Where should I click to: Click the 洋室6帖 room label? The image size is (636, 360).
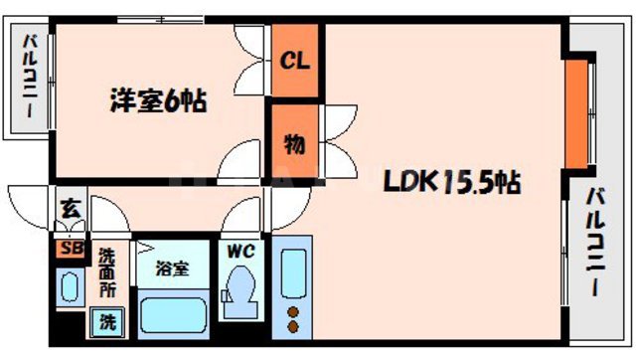[x=158, y=101]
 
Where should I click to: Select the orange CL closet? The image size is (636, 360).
[x=295, y=61]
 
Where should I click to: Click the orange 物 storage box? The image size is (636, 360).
[x=295, y=142]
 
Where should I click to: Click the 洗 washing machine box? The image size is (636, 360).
[x=106, y=322]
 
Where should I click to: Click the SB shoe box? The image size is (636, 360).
[x=72, y=249]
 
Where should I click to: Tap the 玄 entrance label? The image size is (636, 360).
[x=71, y=209]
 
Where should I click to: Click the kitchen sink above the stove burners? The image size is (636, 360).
[x=293, y=271]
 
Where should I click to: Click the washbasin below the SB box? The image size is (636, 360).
[x=71, y=287]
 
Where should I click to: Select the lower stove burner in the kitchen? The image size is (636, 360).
[x=293, y=325]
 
